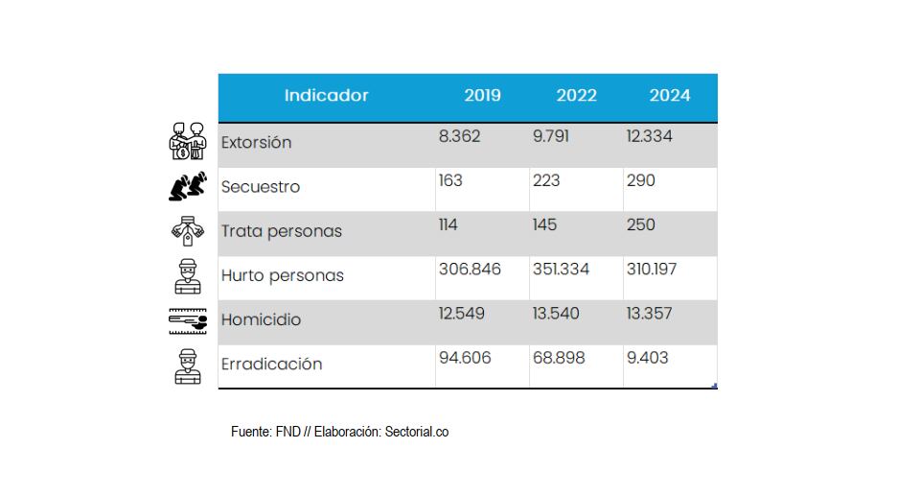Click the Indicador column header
tap(326, 96)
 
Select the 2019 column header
tap(482, 96)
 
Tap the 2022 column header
tap(576, 96)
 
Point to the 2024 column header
tap(669, 96)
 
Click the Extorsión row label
tap(256, 143)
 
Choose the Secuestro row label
tap(260, 187)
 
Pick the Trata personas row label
tap(281, 231)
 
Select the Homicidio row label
tap(261, 319)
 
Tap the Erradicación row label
tap(271, 365)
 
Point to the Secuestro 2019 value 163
tap(451, 180)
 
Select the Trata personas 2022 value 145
tap(546, 224)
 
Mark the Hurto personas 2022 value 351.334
tap(561, 270)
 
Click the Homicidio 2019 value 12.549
tap(463, 314)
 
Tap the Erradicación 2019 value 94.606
tap(464, 358)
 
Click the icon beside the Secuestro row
tap(187, 186)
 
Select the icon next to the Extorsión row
tap(188, 141)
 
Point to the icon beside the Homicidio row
tap(187, 320)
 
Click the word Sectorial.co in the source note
tap(416, 432)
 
